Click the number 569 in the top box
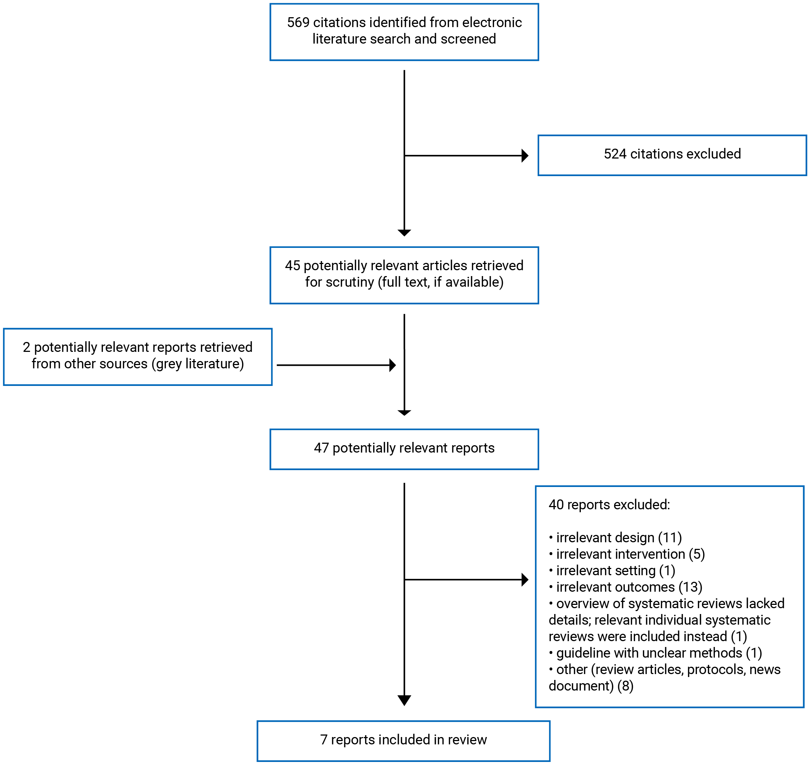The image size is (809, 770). click(298, 22)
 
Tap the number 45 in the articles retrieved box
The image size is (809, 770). click(292, 265)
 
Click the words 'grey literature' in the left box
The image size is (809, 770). click(197, 364)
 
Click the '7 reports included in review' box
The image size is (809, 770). click(403, 739)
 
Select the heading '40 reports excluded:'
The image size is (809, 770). click(609, 505)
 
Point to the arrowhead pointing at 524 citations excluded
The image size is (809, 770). click(524, 156)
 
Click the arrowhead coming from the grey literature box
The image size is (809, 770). click(392, 365)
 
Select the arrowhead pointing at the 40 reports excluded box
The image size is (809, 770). click(524, 580)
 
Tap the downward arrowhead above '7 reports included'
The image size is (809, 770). click(404, 700)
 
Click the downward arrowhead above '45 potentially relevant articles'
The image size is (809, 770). click(404, 233)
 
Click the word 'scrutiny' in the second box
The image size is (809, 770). click(350, 282)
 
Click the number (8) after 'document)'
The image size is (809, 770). click(625, 686)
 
